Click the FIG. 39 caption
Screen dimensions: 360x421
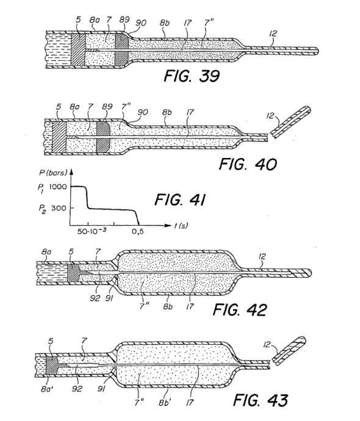pyautogui.click(x=192, y=76)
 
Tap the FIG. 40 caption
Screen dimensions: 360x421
pyautogui.click(x=248, y=164)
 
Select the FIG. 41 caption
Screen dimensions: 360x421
pyautogui.click(x=180, y=200)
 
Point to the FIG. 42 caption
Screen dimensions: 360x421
pyautogui.click(x=240, y=309)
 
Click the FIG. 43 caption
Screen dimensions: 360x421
pyautogui.click(x=261, y=400)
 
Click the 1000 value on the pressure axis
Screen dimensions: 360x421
pyautogui.click(x=58, y=187)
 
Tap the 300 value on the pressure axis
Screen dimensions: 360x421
pyautogui.click(x=59, y=208)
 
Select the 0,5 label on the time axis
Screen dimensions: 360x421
pyautogui.click(x=137, y=231)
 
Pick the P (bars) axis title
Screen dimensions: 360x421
pyautogui.click(x=53, y=173)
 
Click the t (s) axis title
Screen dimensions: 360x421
pyautogui.click(x=181, y=226)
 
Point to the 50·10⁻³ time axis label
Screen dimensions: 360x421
pyautogui.click(x=92, y=231)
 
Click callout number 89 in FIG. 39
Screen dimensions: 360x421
pyautogui.click(x=124, y=20)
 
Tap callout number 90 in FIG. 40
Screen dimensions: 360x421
pyautogui.click(x=143, y=112)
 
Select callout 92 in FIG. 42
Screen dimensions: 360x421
pyautogui.click(x=95, y=298)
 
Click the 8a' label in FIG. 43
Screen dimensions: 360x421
pyautogui.click(x=48, y=389)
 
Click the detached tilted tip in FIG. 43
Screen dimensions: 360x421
pyautogui.click(x=289, y=351)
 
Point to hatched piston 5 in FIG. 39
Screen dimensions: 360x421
pyautogui.click(x=78, y=50)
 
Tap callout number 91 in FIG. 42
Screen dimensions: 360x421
pyautogui.click(x=109, y=298)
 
